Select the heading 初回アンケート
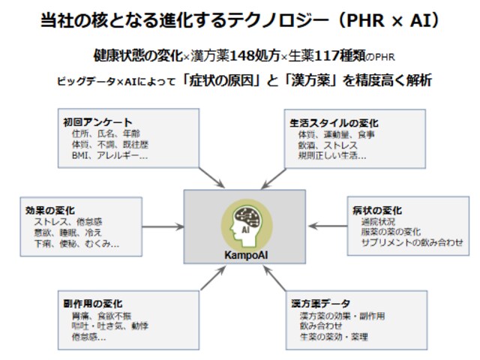click(97, 122)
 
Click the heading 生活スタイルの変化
click(334, 122)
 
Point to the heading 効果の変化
click(53, 210)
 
